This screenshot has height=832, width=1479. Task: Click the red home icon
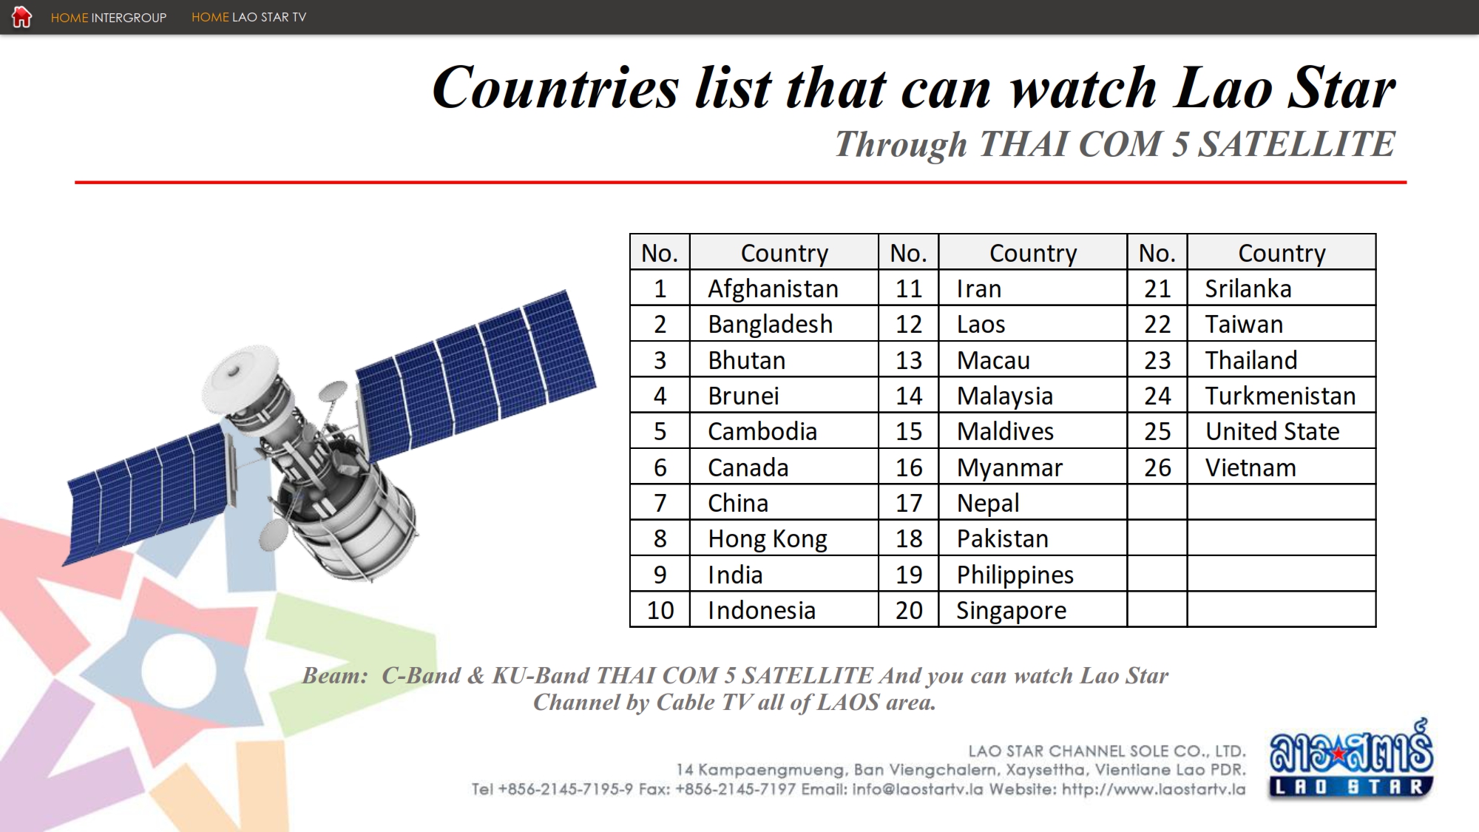pyautogui.click(x=22, y=16)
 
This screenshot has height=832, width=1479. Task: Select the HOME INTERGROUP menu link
pyautogui.click(x=109, y=17)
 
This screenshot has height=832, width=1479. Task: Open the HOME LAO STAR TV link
pyautogui.click(x=248, y=17)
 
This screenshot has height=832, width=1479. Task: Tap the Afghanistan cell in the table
pyautogui.click(x=784, y=288)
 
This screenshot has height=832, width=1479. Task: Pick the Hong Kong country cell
pyautogui.click(x=784, y=538)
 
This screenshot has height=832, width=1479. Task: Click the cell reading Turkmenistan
pyautogui.click(x=1281, y=396)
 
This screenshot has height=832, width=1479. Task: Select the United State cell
pyautogui.click(x=1281, y=431)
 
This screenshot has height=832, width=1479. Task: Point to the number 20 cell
pyautogui.click(x=909, y=610)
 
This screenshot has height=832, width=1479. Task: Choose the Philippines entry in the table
pyautogui.click(x=1032, y=575)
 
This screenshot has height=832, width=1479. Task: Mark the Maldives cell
pyautogui.click(x=1032, y=431)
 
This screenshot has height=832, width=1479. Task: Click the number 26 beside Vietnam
pyautogui.click(x=1157, y=467)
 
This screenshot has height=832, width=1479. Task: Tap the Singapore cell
pyautogui.click(x=1032, y=610)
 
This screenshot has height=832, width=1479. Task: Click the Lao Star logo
pyautogui.click(x=1351, y=759)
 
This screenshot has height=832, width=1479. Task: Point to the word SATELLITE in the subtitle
pyautogui.click(x=1296, y=143)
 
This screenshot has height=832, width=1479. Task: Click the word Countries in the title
pyautogui.click(x=555, y=88)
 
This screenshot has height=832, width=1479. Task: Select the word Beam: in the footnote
pyautogui.click(x=335, y=675)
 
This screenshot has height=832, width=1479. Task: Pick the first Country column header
pyautogui.click(x=784, y=253)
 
